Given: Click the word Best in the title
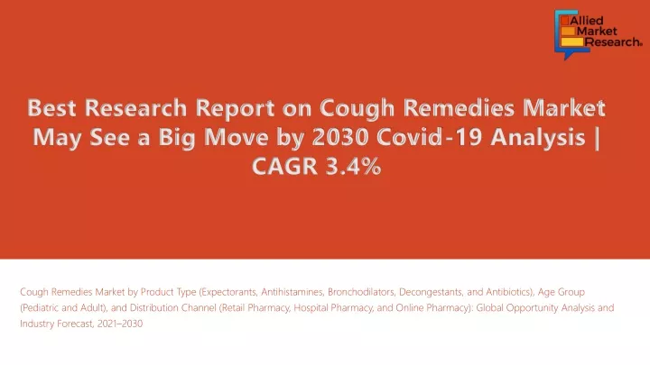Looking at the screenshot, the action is [51, 107].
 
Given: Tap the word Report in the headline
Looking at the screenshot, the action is [235, 107].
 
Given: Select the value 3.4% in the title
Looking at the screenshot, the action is [353, 167].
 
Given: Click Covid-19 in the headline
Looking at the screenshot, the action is [429, 137].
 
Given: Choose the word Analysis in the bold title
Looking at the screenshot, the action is [538, 137].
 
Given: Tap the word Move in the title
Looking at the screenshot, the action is [237, 137].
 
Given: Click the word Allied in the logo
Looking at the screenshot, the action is [587, 21].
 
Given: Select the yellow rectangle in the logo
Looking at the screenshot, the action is [572, 41].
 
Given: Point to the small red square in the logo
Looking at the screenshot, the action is [564, 21].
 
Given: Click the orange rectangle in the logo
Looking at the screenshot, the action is [568, 31].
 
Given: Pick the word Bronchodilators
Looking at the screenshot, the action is [361, 292].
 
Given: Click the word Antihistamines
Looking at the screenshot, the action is [292, 292].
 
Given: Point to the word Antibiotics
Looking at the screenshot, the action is [509, 292].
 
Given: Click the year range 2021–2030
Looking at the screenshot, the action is [120, 324].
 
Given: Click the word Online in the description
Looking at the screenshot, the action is [410, 308].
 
